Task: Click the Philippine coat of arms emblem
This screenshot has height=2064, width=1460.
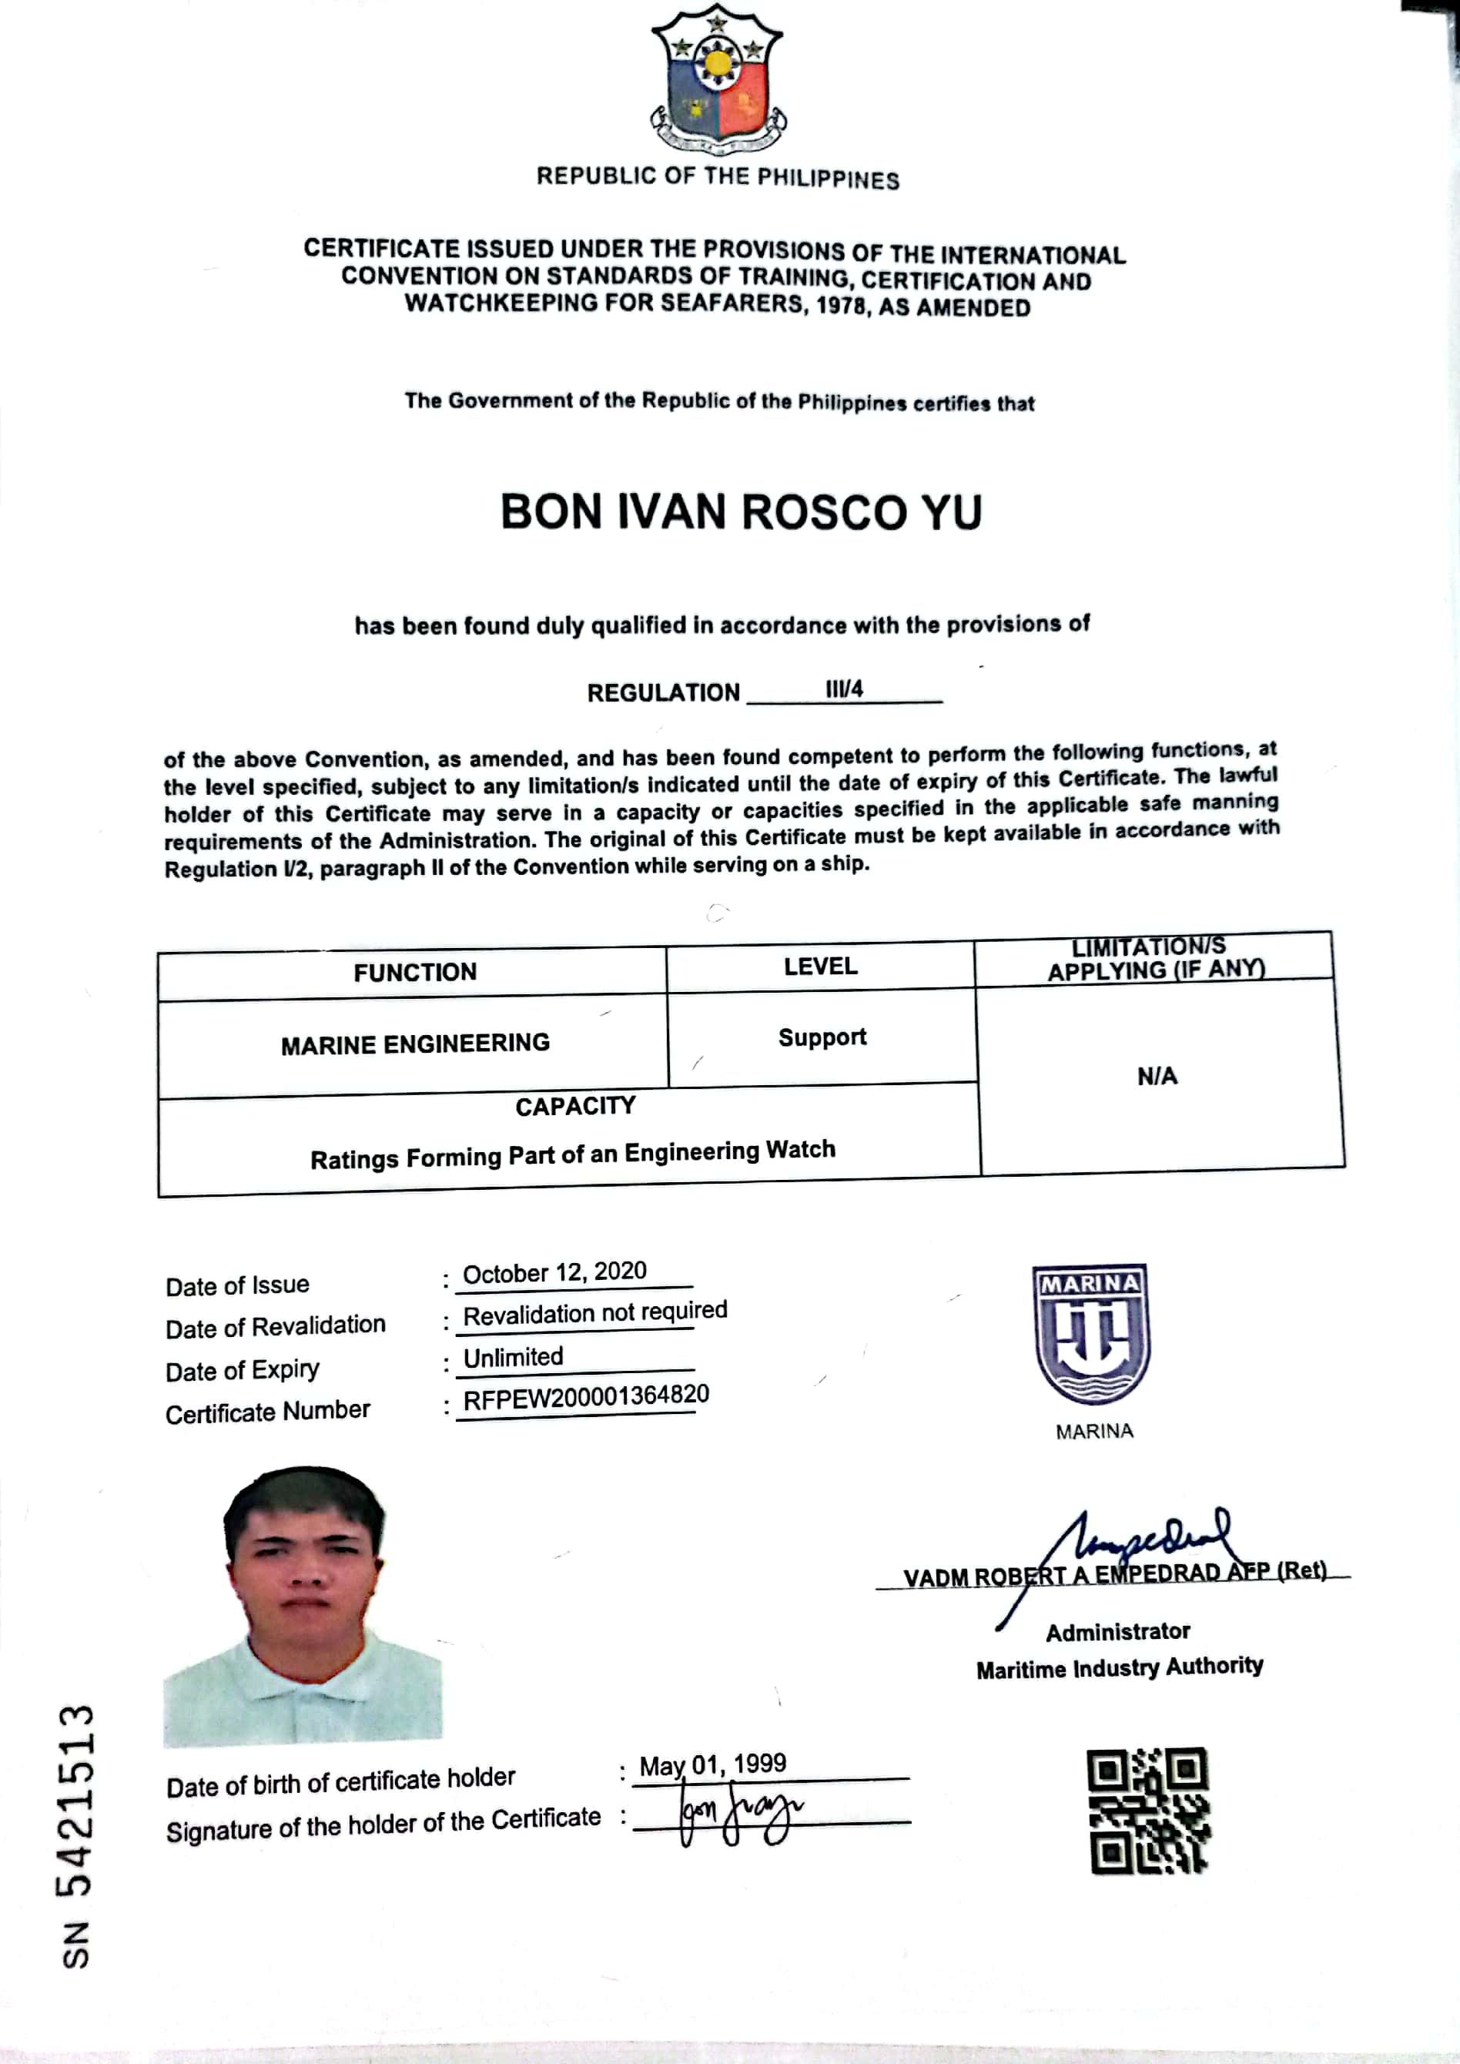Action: [x=718, y=79]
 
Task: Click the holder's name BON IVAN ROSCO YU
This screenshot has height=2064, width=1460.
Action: [x=741, y=512]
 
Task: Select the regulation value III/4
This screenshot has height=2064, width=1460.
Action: [x=843, y=689]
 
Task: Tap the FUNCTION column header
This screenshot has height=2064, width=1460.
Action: [x=414, y=973]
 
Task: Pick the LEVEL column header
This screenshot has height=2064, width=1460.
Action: [x=820, y=967]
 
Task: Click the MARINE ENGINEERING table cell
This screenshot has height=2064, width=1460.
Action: [x=414, y=1044]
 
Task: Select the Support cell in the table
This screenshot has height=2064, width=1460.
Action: [x=822, y=1037]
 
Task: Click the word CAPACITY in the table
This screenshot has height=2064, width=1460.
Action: [x=575, y=1107]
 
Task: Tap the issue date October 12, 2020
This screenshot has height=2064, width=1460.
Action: [x=554, y=1273]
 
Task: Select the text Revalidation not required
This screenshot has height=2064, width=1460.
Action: [x=594, y=1313]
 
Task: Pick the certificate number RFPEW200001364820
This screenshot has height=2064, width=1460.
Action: [x=585, y=1397]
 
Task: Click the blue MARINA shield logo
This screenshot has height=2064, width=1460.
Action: [x=1091, y=1334]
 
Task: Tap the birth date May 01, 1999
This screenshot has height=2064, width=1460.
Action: [x=712, y=1764]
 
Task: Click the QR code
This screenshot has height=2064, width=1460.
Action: [x=1148, y=1811]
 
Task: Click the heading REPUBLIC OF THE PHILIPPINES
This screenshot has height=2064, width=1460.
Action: [x=718, y=177]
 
